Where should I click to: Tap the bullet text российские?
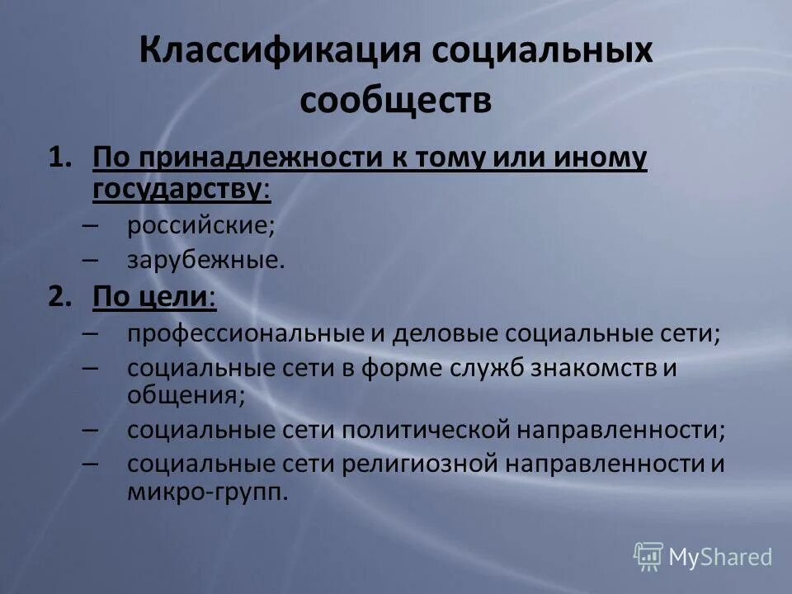[x=200, y=225]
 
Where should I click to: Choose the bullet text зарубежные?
[x=205, y=261]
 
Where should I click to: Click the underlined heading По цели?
[x=153, y=297]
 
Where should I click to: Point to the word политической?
[x=422, y=429]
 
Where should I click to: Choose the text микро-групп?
[x=206, y=493]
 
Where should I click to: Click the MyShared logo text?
[x=719, y=558]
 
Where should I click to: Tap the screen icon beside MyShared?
[x=648, y=557]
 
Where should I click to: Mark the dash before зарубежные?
[x=91, y=261]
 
